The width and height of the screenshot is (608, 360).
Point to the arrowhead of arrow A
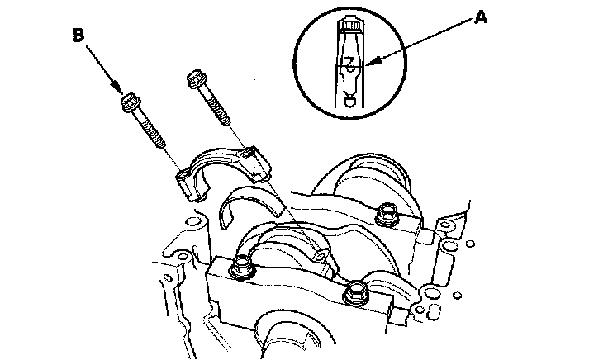369,63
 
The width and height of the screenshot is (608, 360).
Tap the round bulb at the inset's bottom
350,102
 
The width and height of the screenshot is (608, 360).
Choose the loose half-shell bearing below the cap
248,206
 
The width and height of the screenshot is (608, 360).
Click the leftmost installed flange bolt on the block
243,266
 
